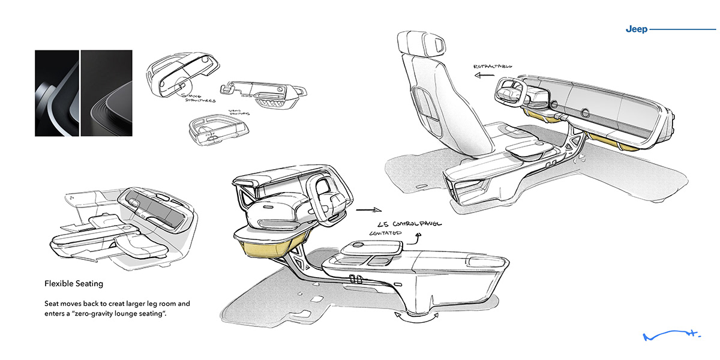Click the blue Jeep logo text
coord(636,29)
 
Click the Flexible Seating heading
coord(74,283)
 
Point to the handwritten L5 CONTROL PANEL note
coord(405,224)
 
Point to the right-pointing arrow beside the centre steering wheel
coord(368,210)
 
